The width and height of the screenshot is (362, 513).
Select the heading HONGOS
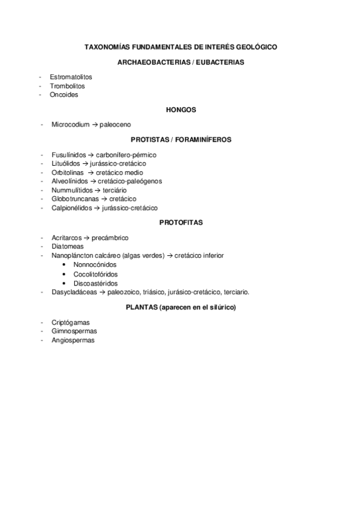pos(181,109)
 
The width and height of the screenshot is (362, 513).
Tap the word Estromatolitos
pos(71,77)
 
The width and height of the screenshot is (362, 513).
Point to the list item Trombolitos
pos(67,86)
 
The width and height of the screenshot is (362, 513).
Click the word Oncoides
pos(64,94)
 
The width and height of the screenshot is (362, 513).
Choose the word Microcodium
pos(70,125)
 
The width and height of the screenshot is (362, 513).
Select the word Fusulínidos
pos(69,155)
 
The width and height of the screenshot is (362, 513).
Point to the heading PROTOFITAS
pos(181,223)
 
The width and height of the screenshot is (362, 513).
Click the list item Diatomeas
pos(68,247)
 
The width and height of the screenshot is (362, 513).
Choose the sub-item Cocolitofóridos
pos(95,274)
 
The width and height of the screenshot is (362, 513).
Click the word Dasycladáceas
pos(74,292)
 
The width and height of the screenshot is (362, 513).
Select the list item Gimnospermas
pos(74,331)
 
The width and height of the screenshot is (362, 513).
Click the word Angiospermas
pos(73,340)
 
